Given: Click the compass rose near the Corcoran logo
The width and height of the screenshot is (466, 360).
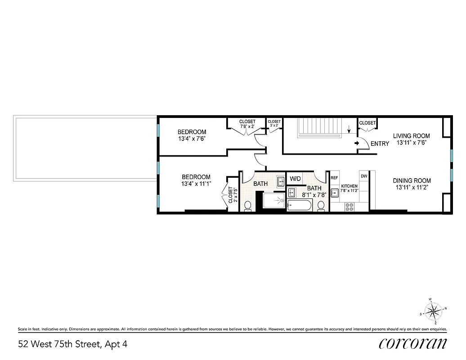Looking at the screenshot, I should pos(433,310).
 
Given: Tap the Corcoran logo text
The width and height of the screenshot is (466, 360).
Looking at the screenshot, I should pos(413,343).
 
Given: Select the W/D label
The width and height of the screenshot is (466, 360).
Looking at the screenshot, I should pos(295,179).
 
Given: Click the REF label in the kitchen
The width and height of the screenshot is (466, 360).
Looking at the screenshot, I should pos(334,178).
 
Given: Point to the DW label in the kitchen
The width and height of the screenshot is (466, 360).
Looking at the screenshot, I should pos(363,176).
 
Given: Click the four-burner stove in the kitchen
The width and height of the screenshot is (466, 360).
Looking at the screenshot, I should pos(349,207).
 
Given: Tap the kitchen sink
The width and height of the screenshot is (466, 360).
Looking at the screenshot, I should pos(335,193).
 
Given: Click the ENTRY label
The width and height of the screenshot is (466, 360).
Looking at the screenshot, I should pos(380,144).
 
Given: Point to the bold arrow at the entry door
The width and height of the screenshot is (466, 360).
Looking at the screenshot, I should pos(356,144).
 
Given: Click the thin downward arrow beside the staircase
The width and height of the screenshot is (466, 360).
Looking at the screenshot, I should pos(349,131).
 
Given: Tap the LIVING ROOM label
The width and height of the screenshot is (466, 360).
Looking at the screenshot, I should pos(411,136).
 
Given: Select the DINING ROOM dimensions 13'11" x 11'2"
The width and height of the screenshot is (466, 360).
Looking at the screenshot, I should pos(411,187).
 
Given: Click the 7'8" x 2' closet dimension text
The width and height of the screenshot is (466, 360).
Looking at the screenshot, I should pos(247,127).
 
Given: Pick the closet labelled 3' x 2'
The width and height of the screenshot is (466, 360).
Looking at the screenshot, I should pos(274,124).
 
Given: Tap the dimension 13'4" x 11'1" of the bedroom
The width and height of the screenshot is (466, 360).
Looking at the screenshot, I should pos(196,184).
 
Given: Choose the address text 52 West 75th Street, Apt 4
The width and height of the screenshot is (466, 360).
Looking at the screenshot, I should pos(73,344).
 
